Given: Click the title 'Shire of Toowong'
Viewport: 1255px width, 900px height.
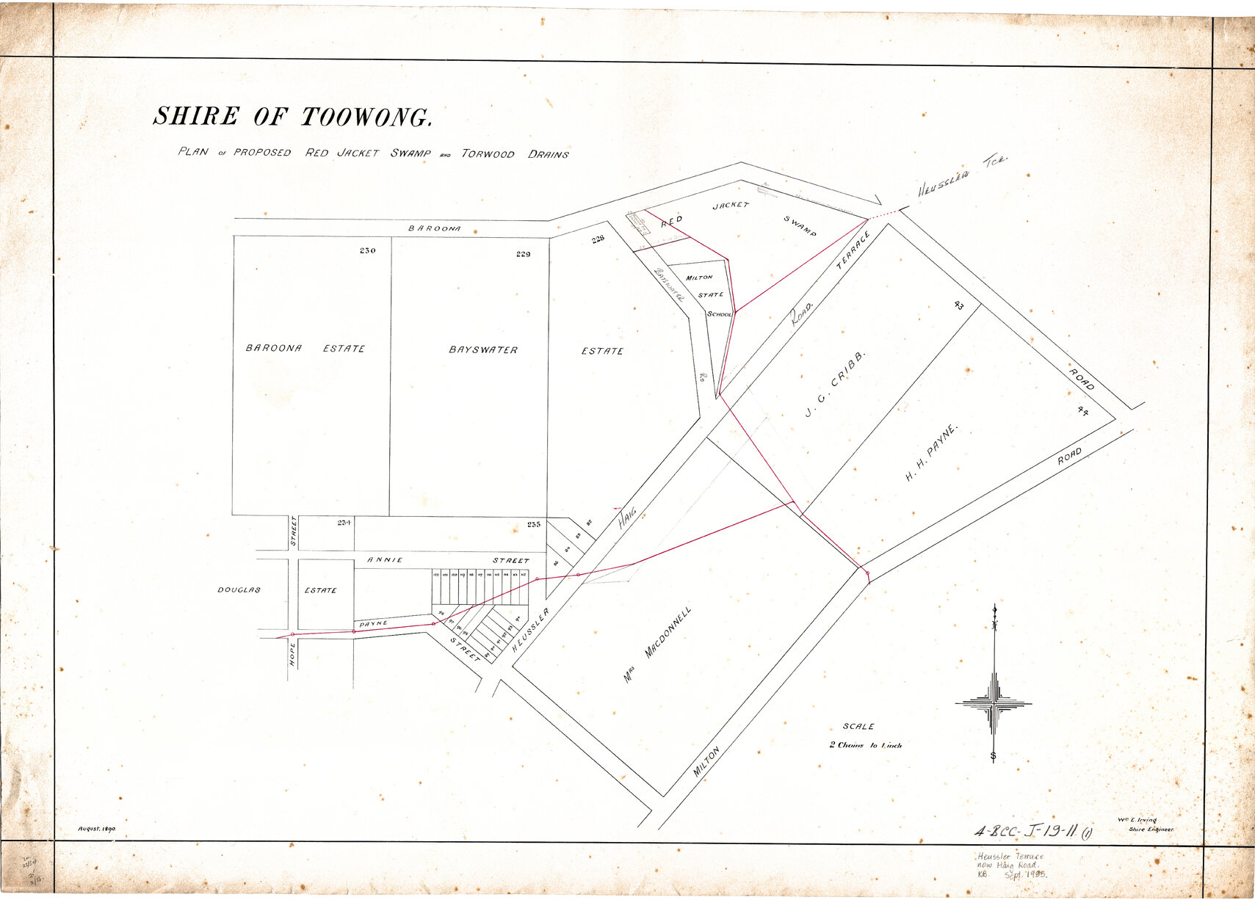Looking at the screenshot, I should [292, 117].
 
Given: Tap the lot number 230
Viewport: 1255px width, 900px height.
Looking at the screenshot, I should [368, 251].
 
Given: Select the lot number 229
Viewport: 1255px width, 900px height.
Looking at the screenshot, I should [523, 254].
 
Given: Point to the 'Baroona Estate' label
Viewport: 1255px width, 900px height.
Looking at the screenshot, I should [305, 348].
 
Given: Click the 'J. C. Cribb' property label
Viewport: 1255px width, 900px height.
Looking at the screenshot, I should [835, 384].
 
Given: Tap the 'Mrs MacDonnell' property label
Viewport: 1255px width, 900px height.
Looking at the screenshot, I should [657, 645].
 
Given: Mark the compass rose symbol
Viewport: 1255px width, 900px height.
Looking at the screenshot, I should [994, 703].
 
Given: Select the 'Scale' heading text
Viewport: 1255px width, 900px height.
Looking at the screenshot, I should [858, 726].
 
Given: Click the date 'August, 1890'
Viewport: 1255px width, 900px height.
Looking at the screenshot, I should [97, 829].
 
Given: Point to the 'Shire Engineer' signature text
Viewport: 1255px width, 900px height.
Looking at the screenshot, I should [1151, 830].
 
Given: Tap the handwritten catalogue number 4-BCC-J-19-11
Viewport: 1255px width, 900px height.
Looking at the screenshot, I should [1032, 832].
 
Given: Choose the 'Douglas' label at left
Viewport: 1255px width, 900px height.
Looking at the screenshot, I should [239, 589].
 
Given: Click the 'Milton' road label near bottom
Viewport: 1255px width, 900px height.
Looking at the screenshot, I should [706, 762].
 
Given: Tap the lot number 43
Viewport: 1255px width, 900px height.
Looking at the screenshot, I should [958, 305].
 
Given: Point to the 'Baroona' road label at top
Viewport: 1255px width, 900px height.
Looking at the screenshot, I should [435, 228].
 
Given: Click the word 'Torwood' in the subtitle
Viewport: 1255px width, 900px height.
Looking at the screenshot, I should [488, 153].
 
